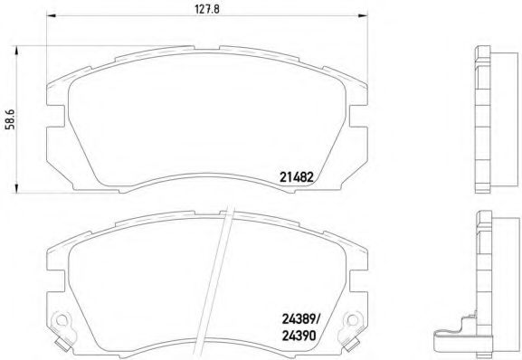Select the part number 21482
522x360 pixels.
click(x=295, y=179)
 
